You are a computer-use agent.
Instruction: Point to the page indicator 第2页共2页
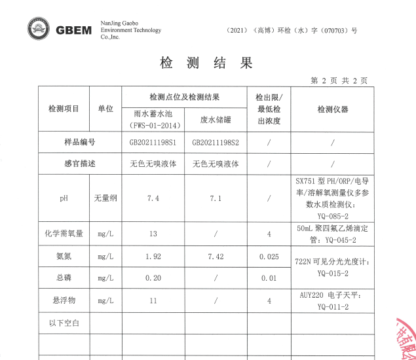coord(339,81)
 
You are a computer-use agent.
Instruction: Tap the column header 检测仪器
coord(333,109)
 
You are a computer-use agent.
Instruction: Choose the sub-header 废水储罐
coord(216,119)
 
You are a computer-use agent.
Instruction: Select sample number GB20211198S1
coord(153,142)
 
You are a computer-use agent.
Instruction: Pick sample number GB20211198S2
coord(216,142)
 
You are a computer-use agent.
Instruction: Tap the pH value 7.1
coord(216,197)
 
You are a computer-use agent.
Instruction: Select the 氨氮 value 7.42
coord(216,256)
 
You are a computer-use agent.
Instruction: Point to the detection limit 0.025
coord(269,256)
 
